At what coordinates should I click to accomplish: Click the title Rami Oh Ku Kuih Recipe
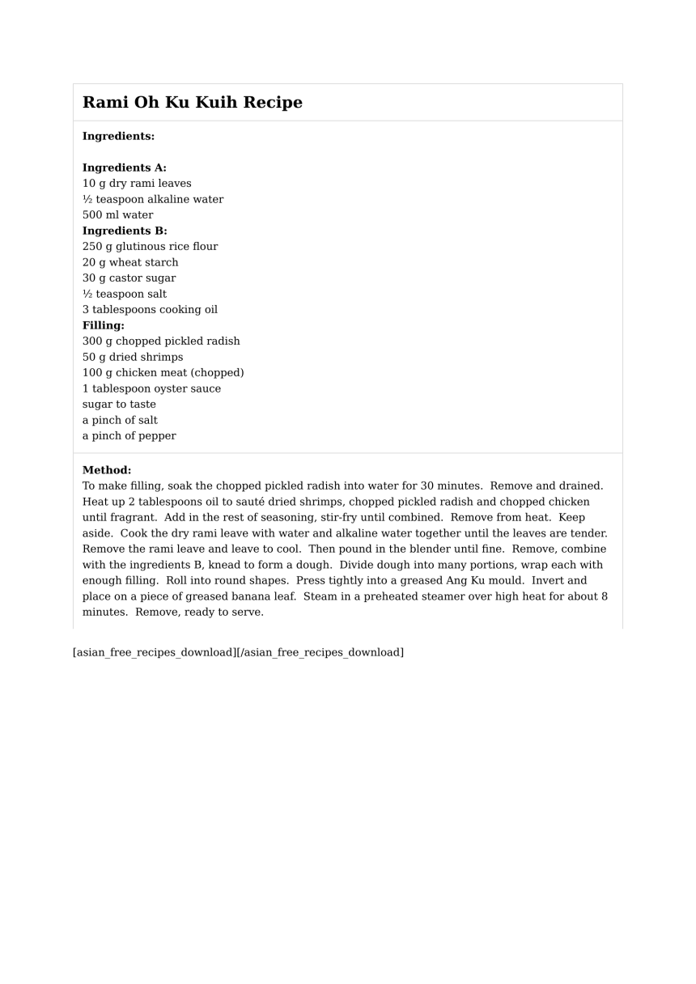pos(193,103)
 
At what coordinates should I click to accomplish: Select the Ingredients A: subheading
pos(125,168)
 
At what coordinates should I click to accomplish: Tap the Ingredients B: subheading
pos(125,231)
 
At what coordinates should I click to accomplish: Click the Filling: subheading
pos(104,325)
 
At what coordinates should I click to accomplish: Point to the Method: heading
pos(107,470)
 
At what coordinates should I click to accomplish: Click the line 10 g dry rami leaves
pos(137,184)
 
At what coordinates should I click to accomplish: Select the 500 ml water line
pos(117,215)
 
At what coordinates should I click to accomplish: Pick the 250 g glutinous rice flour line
pos(150,247)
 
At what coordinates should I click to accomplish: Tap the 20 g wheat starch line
pos(130,262)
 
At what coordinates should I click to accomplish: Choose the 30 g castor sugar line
pos(129,278)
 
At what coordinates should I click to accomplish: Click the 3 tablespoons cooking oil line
pos(150,310)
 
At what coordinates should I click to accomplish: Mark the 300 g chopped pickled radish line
pos(161,341)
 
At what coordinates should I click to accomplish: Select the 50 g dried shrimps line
pos(133,357)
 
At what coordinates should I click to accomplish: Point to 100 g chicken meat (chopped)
pos(163,373)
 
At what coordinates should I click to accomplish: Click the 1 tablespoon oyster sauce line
pos(151,388)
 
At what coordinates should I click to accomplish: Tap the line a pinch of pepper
pos(129,436)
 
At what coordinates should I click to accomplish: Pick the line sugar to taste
pos(119,405)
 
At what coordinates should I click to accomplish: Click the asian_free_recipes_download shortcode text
pos(238,652)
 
